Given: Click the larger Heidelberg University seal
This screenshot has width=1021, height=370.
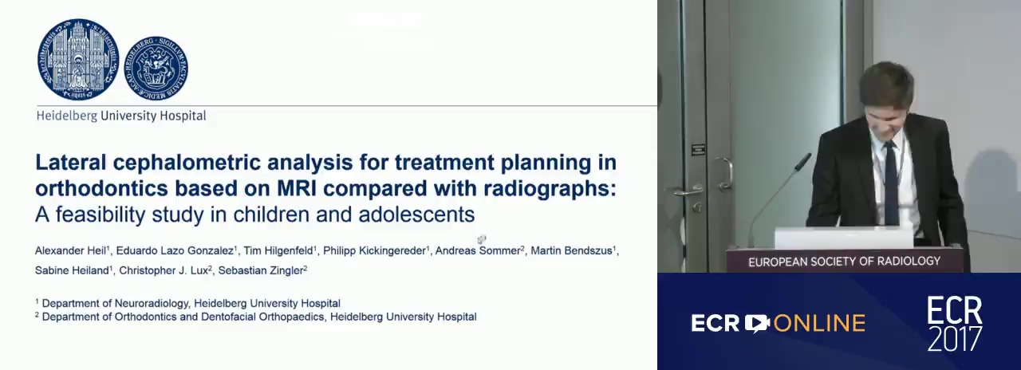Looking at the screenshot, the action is [x=78, y=60].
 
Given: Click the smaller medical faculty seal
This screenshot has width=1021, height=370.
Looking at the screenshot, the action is [x=156, y=68].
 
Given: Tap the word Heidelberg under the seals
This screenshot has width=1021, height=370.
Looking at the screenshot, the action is [x=67, y=116].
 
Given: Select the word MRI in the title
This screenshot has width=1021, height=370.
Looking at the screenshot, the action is [x=297, y=188].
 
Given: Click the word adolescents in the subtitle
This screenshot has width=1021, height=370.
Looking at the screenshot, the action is [x=416, y=215].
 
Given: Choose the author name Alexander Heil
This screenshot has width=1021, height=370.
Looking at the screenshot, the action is [x=71, y=250].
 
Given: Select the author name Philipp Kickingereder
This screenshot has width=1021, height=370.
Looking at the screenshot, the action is [x=375, y=250].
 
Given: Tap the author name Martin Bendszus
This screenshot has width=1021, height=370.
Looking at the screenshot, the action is [x=572, y=250].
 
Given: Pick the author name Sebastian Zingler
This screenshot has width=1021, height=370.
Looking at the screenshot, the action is [x=261, y=270].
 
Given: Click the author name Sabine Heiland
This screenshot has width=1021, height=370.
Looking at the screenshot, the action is [x=72, y=270].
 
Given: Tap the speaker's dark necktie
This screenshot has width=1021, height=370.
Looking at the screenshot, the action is [x=891, y=183].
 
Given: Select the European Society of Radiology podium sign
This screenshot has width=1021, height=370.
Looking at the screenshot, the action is [x=844, y=261].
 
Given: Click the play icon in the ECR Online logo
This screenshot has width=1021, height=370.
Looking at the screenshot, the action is [x=757, y=323].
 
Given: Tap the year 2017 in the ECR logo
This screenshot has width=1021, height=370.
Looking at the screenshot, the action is [x=955, y=337].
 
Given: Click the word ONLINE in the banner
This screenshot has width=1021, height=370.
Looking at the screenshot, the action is [x=819, y=324].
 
